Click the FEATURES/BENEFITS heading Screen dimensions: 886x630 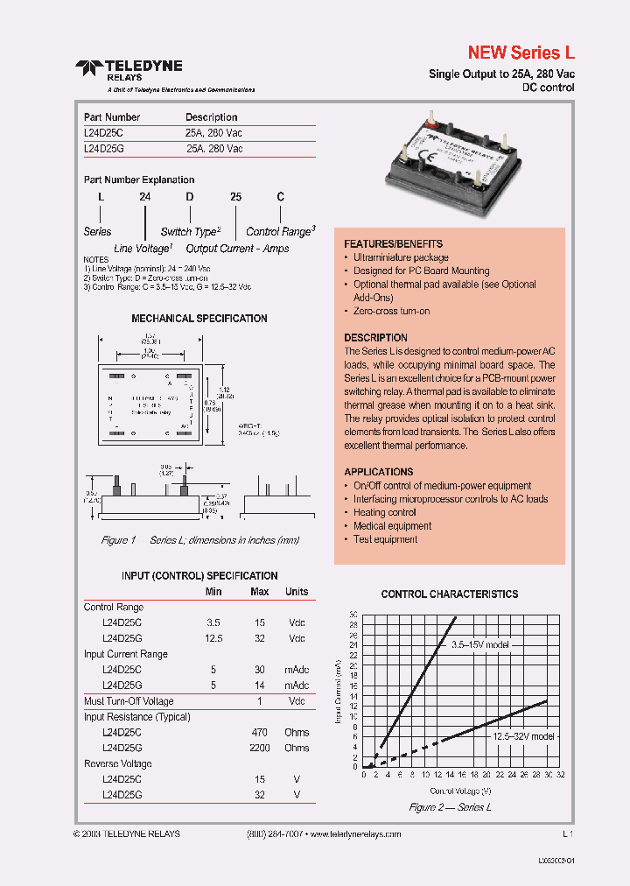[393, 244]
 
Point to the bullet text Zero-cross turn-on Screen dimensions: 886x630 [391, 312]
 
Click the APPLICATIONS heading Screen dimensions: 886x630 [378, 472]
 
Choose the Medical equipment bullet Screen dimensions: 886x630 [392, 526]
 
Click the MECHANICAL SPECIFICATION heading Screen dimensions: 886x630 [199, 319]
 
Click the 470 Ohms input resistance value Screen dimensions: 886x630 [260, 733]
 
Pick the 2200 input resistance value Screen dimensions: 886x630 [260, 749]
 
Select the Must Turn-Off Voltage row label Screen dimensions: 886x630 [129, 701]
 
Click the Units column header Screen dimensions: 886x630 [297, 592]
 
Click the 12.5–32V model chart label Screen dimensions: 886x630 [521, 737]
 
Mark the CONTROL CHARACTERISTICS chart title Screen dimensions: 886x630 [449, 594]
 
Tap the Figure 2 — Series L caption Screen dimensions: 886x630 [450, 807]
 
